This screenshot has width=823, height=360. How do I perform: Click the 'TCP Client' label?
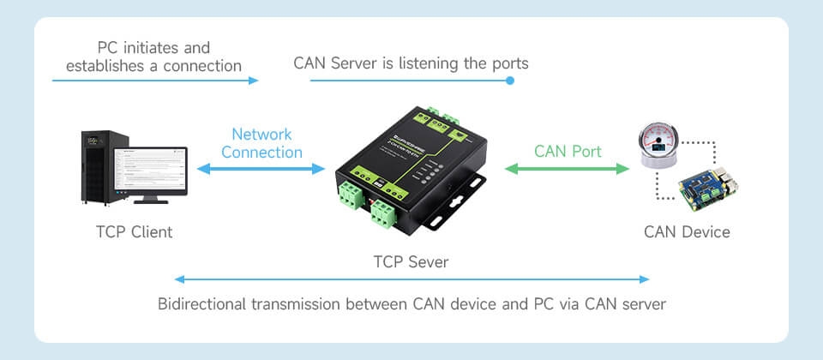(x=135, y=232)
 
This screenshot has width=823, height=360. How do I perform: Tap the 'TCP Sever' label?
(x=411, y=262)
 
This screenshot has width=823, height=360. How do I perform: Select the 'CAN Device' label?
(x=687, y=232)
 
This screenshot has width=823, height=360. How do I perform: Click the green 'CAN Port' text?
(x=568, y=151)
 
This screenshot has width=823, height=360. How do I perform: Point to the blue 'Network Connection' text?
(x=262, y=143)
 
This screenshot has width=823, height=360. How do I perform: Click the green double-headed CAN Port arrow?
(x=567, y=169)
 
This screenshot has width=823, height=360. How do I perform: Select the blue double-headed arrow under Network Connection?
(x=261, y=169)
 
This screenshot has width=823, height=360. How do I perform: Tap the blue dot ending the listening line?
(x=509, y=81)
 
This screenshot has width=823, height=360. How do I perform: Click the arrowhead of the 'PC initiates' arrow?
(x=254, y=81)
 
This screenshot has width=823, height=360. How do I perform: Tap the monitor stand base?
(x=151, y=200)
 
